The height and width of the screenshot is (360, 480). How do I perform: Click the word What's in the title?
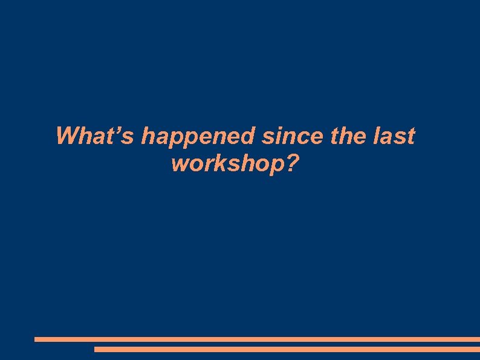(x=96, y=136)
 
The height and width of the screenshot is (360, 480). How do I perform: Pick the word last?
(x=395, y=136)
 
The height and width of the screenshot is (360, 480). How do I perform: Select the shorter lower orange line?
(x=287, y=349)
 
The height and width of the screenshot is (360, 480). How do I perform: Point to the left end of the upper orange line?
(x=36, y=339)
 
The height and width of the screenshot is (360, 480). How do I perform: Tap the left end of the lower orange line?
(x=96, y=349)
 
